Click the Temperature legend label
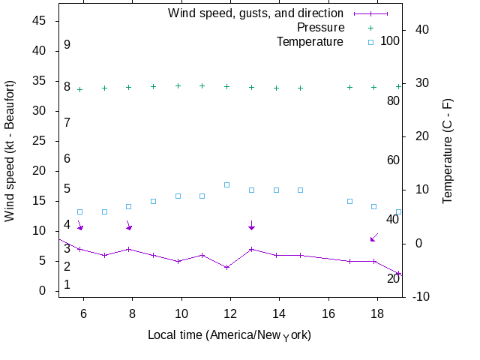click(310, 41)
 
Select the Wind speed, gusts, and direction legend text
click(256, 13)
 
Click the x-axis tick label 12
click(230, 312)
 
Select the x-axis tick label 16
click(328, 312)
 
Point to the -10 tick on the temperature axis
click(421, 297)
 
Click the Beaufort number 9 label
click(67, 45)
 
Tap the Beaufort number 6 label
click(67, 159)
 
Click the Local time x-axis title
click(229, 334)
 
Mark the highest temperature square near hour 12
click(226, 184)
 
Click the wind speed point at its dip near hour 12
click(226, 267)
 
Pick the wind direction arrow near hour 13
click(251, 225)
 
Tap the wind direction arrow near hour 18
click(373, 237)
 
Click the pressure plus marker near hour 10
click(178, 85)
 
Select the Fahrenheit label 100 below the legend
click(390, 40)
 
